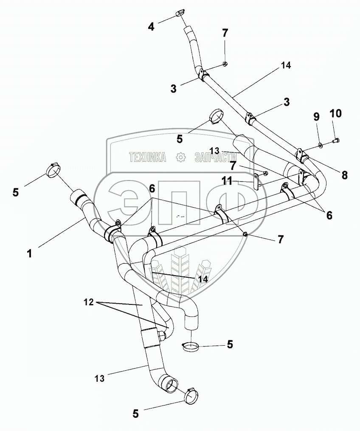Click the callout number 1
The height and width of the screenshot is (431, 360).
point(29,254)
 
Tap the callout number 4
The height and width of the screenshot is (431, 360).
point(151,27)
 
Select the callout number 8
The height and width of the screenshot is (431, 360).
point(344,174)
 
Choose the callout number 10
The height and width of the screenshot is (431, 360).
point(335,114)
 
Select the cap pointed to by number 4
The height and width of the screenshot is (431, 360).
point(180,14)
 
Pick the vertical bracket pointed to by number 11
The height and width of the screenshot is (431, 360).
point(257,181)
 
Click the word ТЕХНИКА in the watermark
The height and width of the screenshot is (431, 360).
point(147,158)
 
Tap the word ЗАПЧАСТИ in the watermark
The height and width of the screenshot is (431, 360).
point(216,158)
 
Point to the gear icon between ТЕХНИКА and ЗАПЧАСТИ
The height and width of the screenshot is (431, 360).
point(181,158)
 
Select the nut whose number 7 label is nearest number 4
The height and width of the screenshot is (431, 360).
point(226,64)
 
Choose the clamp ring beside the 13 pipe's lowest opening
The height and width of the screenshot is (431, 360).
point(191,395)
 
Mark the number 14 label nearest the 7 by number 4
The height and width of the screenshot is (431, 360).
point(285,66)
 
